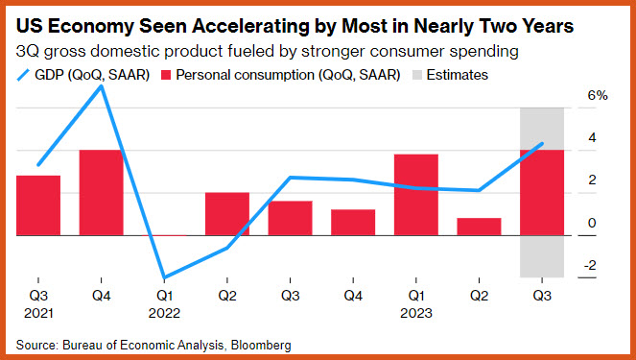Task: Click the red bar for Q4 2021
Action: tap(101, 193)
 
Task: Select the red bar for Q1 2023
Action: tap(416, 195)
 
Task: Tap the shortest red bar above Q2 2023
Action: tap(479, 227)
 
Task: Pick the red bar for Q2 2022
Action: tap(227, 214)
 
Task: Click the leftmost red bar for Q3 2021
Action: tap(38, 205)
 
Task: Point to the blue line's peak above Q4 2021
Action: tap(101, 86)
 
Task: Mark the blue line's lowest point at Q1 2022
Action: tap(164, 277)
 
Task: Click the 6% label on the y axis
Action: tap(598, 96)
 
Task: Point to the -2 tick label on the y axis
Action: tap(590, 265)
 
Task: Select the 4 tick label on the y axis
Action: tap(592, 138)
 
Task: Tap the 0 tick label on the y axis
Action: tap(592, 223)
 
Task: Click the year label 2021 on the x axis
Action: tap(38, 313)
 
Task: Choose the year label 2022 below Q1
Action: tap(164, 313)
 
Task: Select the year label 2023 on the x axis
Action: tap(416, 313)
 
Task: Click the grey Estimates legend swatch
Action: tap(417, 75)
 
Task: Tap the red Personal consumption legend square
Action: tap(166, 75)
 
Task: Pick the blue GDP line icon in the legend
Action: tap(23, 75)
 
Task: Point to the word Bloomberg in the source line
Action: tap(261, 346)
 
